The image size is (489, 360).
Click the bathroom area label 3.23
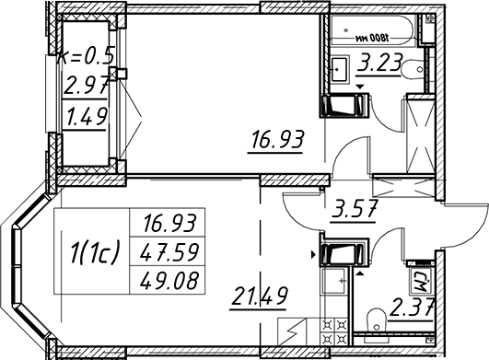pyautogui.click(x=379, y=64)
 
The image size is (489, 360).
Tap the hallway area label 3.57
pyautogui.click(x=355, y=208)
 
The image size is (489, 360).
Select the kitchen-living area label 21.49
pyautogui.click(x=259, y=296)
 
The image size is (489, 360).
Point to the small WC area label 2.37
pyautogui.click(x=411, y=307)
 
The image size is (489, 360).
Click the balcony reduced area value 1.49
pyautogui.click(x=86, y=116)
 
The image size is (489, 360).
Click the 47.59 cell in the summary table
pyautogui.click(x=169, y=252)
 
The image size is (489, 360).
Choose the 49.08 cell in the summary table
pyautogui.click(x=169, y=280)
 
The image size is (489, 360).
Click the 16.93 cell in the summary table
pyautogui.click(x=169, y=224)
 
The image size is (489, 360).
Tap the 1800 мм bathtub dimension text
pyautogui.click(x=372, y=39)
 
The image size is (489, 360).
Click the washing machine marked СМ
pyautogui.click(x=421, y=282)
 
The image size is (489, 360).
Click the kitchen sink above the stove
pyautogui.click(x=334, y=281)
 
